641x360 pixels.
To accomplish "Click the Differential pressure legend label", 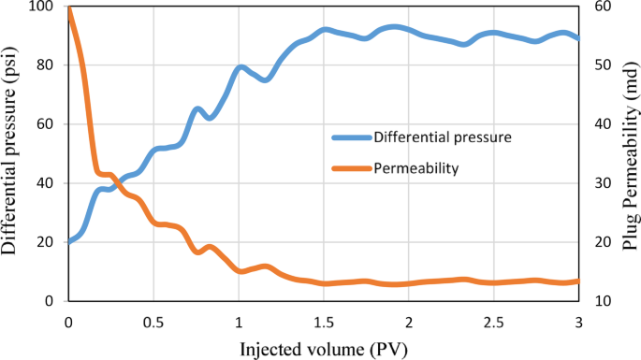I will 442,137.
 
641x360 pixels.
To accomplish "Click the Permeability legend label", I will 415,168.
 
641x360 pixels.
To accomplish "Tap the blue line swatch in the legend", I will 351,137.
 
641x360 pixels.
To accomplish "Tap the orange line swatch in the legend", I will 351,168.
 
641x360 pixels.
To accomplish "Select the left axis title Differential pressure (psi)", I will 12,152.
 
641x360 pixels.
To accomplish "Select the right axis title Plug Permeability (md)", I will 629,152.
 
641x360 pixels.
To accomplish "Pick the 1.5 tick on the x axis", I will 323,322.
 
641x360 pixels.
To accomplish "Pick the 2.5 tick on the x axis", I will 493,322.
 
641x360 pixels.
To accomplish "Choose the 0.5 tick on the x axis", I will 153,322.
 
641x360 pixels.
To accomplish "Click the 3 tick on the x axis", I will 578,322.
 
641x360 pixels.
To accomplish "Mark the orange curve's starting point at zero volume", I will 68,8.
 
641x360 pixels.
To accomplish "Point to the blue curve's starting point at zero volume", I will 68,242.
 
